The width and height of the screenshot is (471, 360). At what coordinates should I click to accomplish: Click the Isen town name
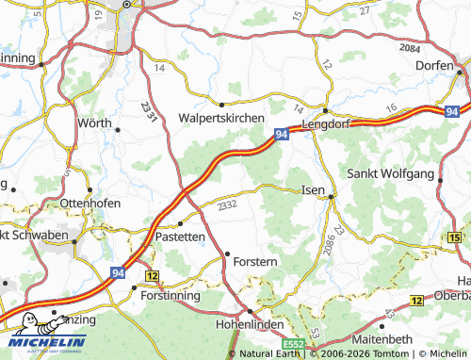[312, 189]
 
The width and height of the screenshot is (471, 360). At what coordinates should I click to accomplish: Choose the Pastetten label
[180, 237]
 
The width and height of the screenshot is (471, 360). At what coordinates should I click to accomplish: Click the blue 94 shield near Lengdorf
[282, 136]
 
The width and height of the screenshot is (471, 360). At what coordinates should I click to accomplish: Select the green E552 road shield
[291, 345]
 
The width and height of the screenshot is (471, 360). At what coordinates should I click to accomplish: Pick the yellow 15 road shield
[456, 237]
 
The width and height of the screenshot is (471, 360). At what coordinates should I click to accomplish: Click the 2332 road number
[227, 205]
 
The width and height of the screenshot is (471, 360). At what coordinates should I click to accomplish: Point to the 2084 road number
[409, 48]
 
